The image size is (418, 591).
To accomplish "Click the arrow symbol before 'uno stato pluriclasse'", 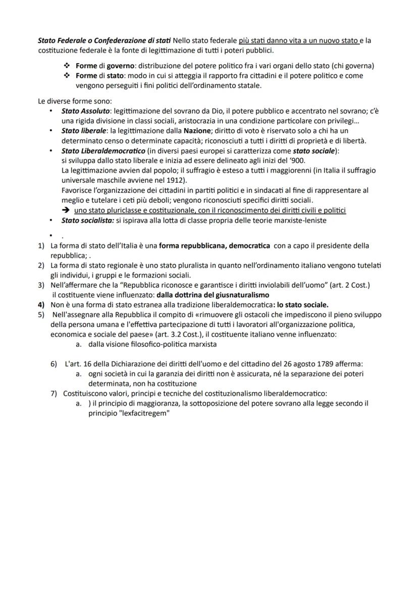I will click(66, 210).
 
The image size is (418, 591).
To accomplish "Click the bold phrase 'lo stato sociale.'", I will click(301, 304).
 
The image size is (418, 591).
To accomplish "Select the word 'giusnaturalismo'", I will click(240, 295).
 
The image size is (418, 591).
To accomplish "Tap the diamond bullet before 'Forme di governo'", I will click(66, 66).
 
